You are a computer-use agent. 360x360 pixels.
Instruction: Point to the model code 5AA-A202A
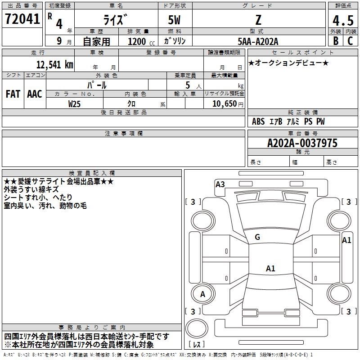(x=258, y=41)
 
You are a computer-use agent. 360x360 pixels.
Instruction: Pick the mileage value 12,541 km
(x=54, y=64)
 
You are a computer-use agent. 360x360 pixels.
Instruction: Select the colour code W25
(x=75, y=103)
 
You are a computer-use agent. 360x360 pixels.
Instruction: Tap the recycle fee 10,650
(x=224, y=103)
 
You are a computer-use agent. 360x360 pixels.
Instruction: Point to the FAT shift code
(x=13, y=94)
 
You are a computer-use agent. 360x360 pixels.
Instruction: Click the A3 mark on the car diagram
(x=220, y=184)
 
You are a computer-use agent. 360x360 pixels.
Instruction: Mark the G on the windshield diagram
(x=257, y=237)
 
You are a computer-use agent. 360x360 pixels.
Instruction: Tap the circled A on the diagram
(x=202, y=294)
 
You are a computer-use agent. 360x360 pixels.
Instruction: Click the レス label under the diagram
(x=197, y=345)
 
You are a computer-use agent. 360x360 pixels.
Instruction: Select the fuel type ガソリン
(x=175, y=41)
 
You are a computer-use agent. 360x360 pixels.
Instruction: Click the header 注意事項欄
(x=124, y=134)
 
